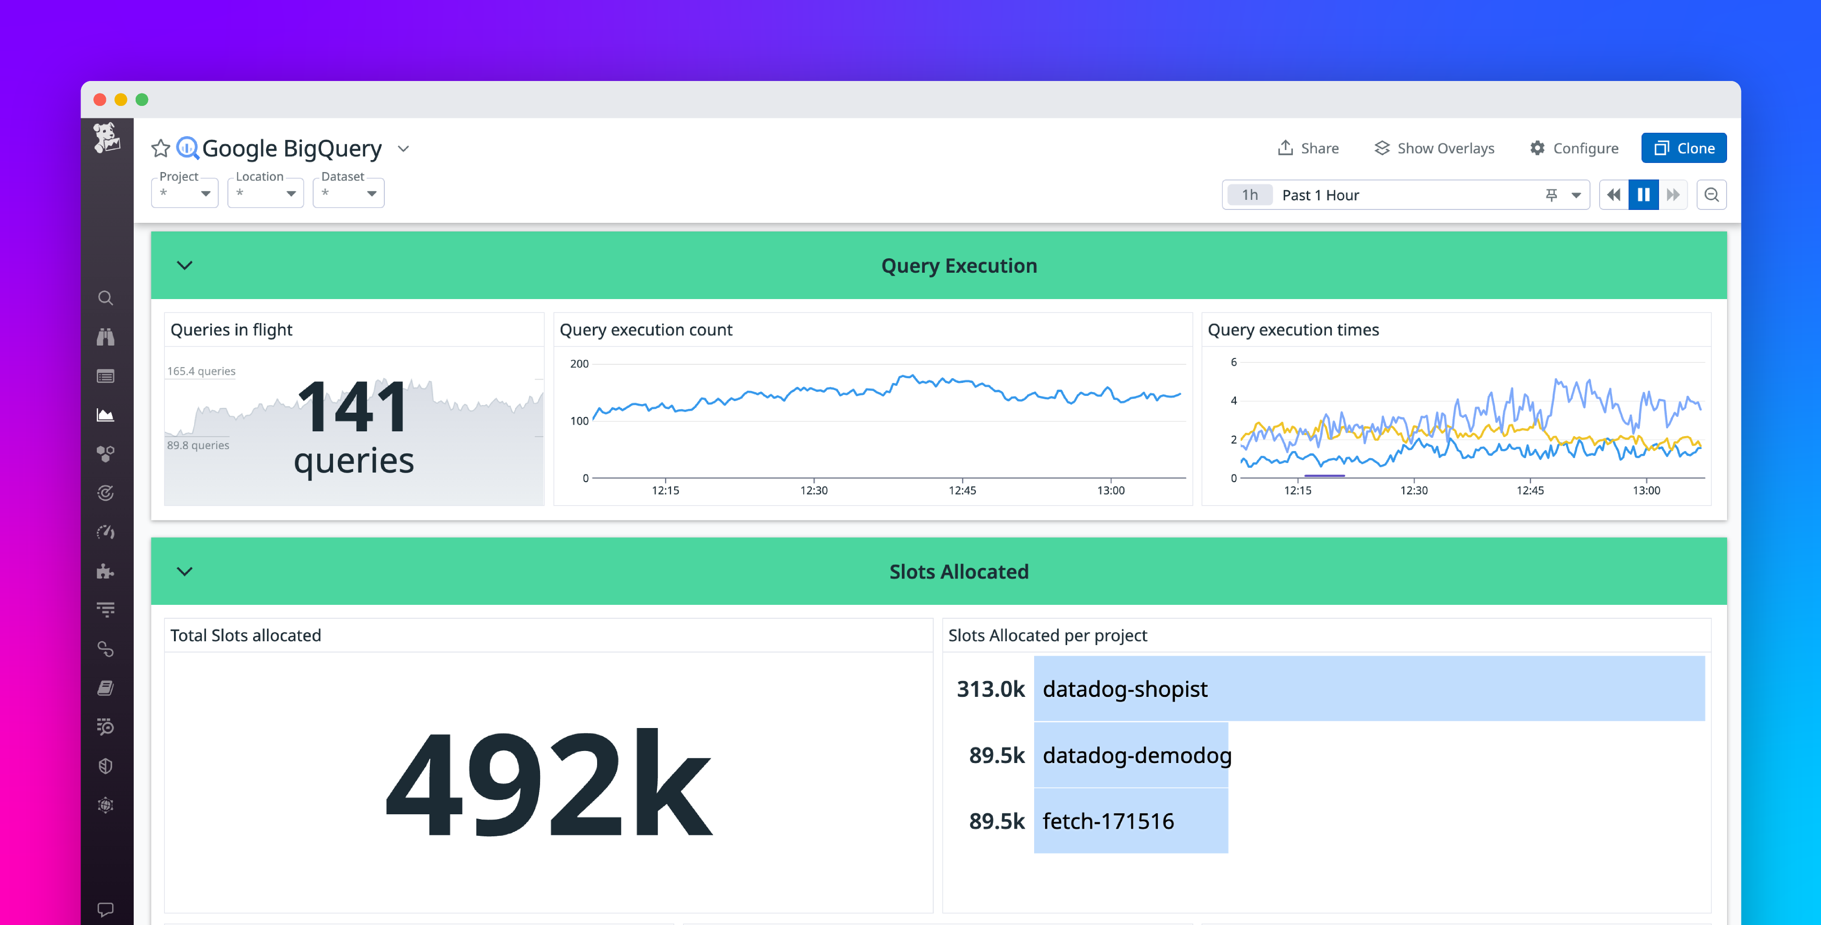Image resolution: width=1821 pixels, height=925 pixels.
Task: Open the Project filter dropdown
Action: tap(184, 193)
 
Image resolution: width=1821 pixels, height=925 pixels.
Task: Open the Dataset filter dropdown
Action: tap(348, 193)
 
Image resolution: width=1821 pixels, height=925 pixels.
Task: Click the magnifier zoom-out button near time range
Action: tap(1711, 195)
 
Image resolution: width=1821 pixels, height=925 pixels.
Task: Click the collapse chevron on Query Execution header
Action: tap(184, 265)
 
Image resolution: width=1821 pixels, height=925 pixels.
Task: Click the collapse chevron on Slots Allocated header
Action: tap(184, 571)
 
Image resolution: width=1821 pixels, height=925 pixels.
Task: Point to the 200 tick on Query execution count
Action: tap(579, 363)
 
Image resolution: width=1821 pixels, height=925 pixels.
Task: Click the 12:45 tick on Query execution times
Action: tap(1530, 489)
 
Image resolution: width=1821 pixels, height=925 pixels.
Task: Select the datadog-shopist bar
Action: tap(1369, 688)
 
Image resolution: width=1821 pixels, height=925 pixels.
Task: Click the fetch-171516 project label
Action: tap(1108, 821)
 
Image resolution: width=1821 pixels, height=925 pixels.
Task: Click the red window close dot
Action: tap(100, 100)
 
